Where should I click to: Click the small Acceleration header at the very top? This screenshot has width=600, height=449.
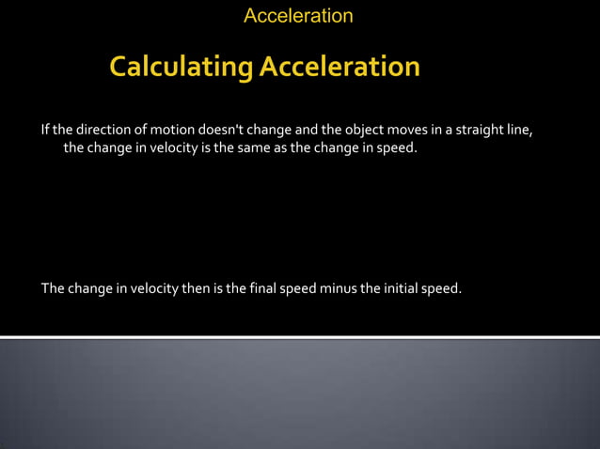coord(298,16)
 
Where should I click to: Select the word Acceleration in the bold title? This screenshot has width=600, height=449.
coord(339,68)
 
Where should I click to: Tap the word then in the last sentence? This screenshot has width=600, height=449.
coord(196,287)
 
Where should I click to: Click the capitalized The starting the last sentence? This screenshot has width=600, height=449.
coord(52,287)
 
